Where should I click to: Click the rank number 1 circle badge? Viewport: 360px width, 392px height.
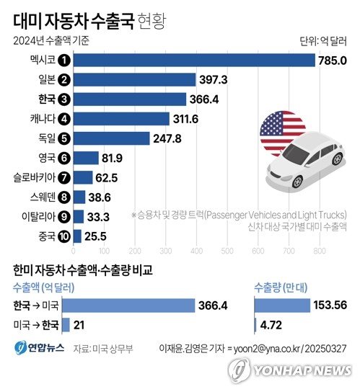pyautogui.click(x=63, y=60)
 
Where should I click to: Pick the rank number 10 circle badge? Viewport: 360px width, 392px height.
pyautogui.click(x=63, y=236)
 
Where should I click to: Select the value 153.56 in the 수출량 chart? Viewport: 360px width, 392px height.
pyautogui.click(x=330, y=306)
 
